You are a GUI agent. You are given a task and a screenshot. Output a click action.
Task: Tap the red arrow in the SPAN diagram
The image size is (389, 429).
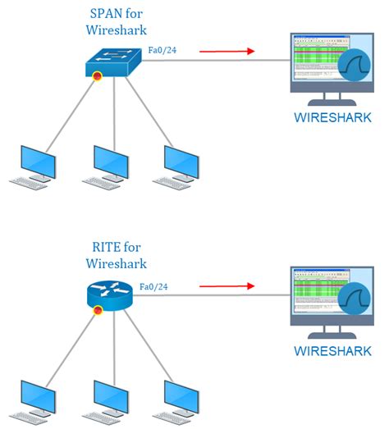(224, 51)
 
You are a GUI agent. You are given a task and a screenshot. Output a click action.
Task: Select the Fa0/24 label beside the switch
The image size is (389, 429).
(161, 52)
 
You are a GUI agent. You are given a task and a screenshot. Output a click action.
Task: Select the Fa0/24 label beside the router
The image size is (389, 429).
(154, 287)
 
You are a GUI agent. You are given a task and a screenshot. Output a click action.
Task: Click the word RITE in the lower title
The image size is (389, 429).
(100, 247)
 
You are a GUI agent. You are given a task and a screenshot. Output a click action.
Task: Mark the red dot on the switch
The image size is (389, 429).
(97, 77)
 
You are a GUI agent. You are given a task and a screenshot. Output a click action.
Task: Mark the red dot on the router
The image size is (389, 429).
(98, 311)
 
